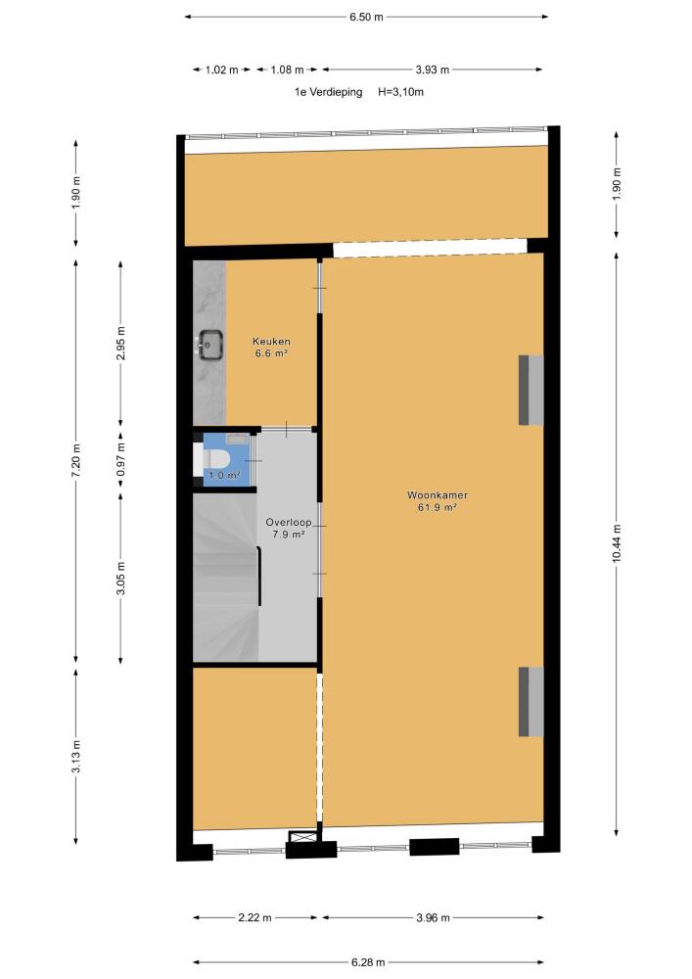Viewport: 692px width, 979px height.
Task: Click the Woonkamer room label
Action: click(x=438, y=495)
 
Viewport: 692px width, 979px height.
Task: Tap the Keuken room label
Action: click(x=271, y=342)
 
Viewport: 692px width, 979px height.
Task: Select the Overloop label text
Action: click(x=289, y=522)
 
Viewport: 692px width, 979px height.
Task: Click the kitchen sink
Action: click(x=210, y=345)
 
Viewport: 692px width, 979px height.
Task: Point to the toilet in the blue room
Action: click(x=212, y=461)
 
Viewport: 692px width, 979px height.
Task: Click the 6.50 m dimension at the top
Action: click(x=366, y=17)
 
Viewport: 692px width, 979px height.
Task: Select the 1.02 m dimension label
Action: click(x=222, y=70)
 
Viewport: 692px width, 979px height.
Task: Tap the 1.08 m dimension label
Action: click(x=287, y=70)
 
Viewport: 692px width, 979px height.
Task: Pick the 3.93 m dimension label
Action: click(x=433, y=70)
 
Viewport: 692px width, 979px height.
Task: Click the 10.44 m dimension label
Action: click(x=617, y=542)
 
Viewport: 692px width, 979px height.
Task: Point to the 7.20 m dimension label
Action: click(x=76, y=461)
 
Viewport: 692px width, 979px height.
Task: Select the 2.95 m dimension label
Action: click(x=121, y=344)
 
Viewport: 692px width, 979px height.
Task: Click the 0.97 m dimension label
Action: click(x=121, y=459)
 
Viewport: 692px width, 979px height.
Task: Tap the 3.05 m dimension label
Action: click(x=121, y=579)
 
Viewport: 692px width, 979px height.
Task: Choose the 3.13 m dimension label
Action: click(x=76, y=757)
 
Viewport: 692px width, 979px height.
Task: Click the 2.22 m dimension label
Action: click(x=254, y=918)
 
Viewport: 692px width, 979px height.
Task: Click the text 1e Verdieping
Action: click(x=328, y=92)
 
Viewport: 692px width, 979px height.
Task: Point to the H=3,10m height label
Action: click(x=400, y=92)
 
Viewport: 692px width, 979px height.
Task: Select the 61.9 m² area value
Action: click(x=438, y=507)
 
